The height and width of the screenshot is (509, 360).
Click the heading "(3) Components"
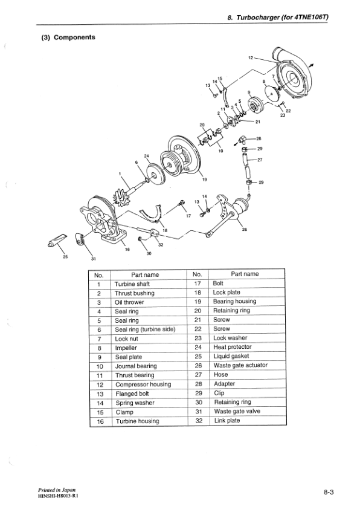click(68, 37)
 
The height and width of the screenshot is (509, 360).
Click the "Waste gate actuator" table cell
click(240, 365)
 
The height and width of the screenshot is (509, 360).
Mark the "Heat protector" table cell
click(233, 347)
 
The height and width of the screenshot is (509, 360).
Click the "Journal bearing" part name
click(135, 366)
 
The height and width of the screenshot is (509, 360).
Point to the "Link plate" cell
click(227, 420)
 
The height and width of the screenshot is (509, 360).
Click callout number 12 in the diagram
click(251, 58)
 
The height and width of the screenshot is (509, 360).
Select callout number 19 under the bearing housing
click(204, 180)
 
